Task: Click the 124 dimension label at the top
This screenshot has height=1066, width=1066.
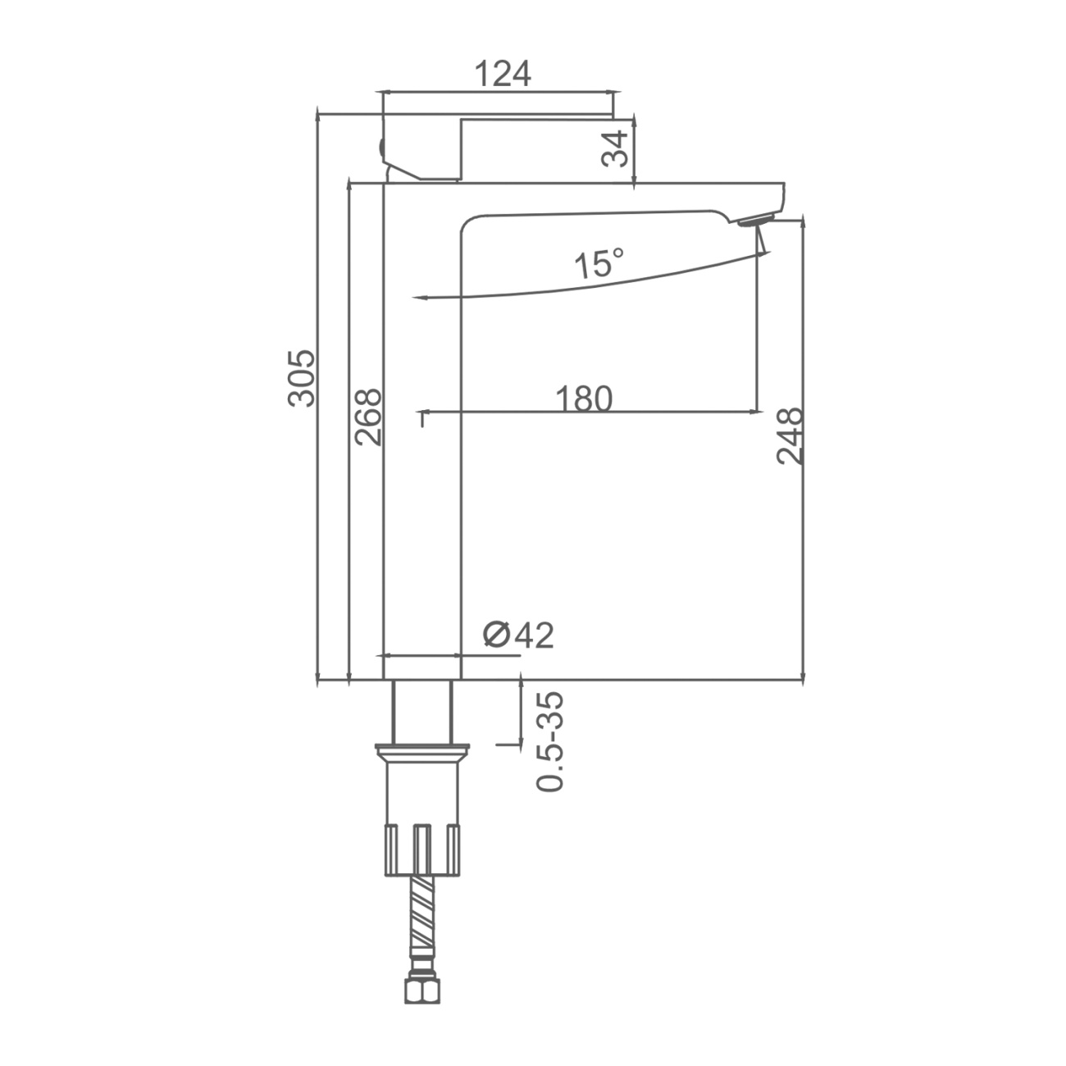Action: tap(503, 74)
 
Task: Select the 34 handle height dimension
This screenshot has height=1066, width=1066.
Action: tap(615, 148)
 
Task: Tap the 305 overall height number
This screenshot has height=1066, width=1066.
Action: tap(302, 378)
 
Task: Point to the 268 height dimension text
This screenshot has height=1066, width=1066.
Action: tap(368, 417)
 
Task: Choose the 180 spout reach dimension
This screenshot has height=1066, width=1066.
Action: tap(584, 399)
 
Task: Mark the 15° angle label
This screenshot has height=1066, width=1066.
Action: tap(599, 263)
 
